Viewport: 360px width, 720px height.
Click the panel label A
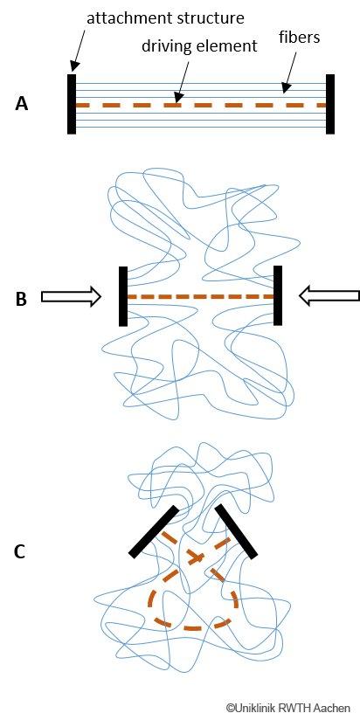pos(22,104)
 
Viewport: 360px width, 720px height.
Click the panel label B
pos(21,299)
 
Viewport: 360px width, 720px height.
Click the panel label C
pos(20,551)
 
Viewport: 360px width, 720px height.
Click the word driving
pos(164,47)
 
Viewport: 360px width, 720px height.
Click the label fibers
pos(299,38)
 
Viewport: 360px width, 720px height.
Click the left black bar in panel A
pos(72,104)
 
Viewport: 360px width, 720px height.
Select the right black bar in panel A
pos(330,104)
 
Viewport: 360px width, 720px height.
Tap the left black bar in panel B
pos(123,296)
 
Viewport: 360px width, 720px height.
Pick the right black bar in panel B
pos(277,295)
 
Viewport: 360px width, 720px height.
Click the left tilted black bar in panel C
pos(154,532)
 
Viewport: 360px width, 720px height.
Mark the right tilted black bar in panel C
pos(236,531)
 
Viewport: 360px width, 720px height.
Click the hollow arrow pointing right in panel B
pos(71,296)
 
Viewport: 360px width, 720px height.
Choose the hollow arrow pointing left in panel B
pos(329,296)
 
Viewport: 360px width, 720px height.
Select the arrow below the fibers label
pos(290,71)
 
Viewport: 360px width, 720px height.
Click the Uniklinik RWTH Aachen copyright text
pos(287,708)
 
